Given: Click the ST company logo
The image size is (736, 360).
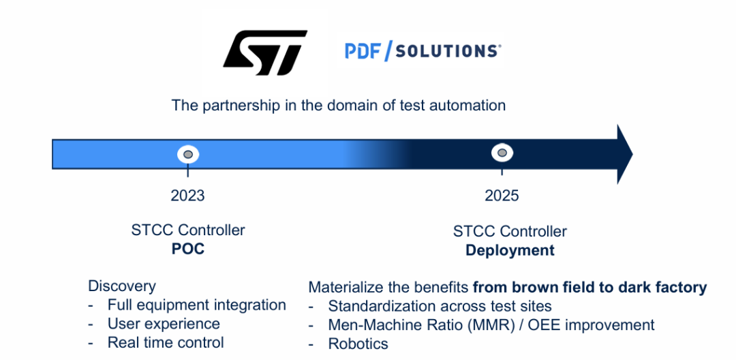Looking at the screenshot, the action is (x=265, y=52).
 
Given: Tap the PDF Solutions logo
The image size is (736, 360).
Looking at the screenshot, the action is (x=423, y=50).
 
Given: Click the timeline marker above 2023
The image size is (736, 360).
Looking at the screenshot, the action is (x=188, y=154).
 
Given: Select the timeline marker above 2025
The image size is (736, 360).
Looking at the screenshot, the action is (x=502, y=153).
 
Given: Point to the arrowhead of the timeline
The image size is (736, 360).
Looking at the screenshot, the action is (x=624, y=154).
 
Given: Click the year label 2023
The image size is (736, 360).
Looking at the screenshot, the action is (x=188, y=195).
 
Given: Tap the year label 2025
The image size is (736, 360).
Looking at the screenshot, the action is (x=502, y=195).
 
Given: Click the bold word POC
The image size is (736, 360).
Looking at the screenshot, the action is (x=188, y=249).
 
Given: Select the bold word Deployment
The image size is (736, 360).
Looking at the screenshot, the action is (x=510, y=251).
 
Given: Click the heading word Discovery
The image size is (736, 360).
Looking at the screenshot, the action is (x=121, y=286).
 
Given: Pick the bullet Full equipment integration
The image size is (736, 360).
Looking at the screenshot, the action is (x=197, y=305).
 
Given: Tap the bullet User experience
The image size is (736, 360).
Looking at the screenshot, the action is (x=164, y=324).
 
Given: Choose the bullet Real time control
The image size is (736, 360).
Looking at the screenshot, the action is (x=166, y=343).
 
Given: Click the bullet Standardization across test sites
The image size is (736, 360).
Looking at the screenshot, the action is (x=440, y=306).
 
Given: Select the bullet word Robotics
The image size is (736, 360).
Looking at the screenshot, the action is (x=358, y=344).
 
